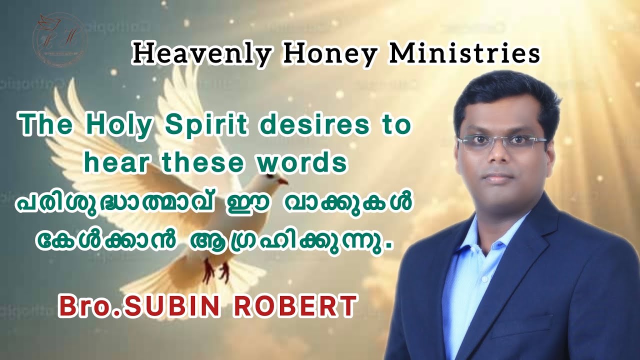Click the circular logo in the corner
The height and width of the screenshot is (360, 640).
[60, 38]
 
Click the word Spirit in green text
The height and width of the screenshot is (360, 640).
[205, 125]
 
